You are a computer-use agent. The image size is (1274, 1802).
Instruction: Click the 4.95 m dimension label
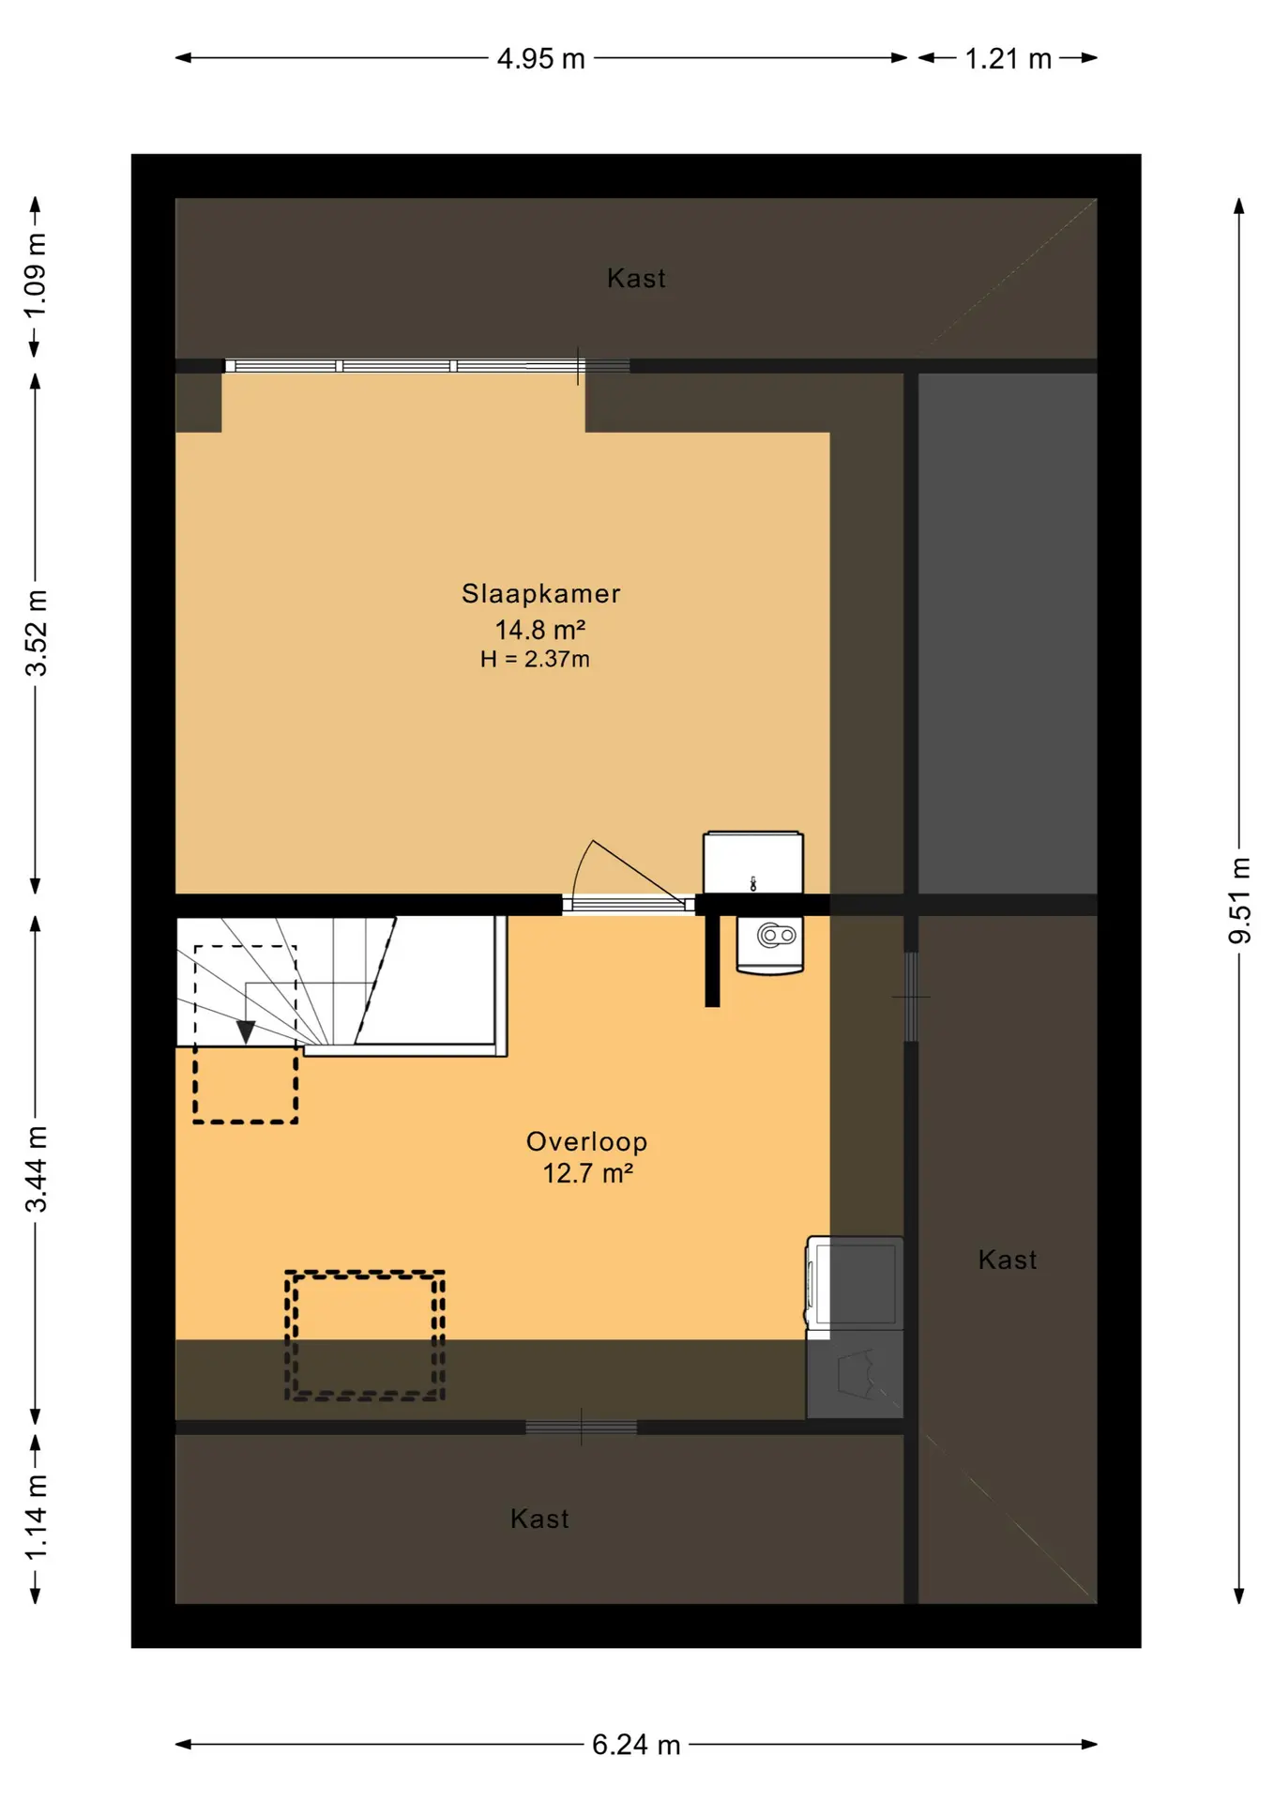540,59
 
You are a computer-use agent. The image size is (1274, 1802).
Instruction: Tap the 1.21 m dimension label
1008,59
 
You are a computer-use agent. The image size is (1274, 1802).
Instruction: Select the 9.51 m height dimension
1240,900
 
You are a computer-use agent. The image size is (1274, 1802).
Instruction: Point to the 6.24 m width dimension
635,1745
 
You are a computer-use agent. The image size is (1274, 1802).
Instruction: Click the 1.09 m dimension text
36,276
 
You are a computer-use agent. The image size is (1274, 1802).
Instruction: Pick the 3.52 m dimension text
36,634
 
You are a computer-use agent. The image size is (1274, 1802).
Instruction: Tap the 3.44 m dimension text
36,1168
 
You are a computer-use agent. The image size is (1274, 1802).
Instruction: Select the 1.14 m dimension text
36,1518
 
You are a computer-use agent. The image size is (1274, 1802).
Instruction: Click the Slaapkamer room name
540,593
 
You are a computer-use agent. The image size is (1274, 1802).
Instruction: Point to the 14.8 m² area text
540,629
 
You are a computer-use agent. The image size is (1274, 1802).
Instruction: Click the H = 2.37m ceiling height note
535,659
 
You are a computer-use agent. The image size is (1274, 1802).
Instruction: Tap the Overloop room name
586,1141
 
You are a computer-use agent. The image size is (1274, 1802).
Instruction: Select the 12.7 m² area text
588,1173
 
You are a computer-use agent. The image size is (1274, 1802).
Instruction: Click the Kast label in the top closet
636,279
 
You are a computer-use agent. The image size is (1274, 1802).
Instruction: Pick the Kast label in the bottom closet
539,1519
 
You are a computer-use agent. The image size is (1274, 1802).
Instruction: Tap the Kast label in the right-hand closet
1008,1260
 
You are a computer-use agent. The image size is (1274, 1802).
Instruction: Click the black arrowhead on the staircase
246,1032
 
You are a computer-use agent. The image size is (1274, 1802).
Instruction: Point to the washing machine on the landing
855,1282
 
